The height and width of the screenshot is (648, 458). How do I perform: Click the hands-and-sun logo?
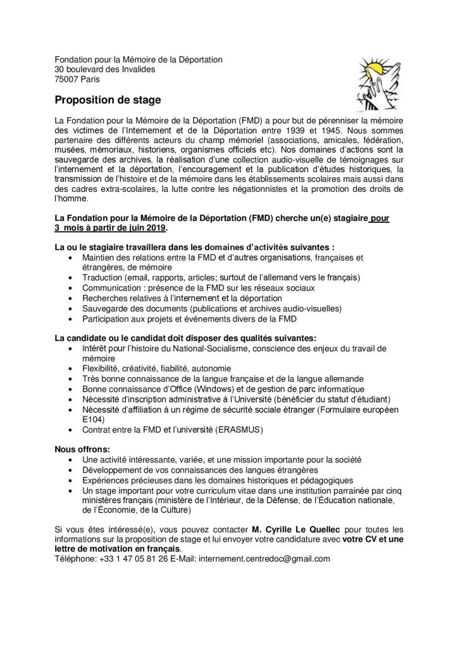[x=377, y=82]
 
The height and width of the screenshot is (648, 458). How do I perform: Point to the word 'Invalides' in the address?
[x=139, y=69]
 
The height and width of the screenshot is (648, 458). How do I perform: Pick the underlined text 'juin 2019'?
[x=151, y=227]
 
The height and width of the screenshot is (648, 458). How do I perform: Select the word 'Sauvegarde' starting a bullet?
[x=104, y=308]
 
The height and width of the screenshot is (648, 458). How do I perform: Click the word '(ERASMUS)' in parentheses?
[x=240, y=429]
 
